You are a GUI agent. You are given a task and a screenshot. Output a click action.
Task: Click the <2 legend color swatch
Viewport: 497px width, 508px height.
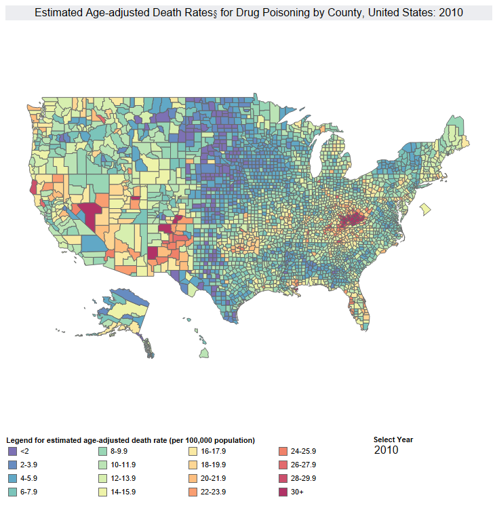pyautogui.click(x=12, y=451)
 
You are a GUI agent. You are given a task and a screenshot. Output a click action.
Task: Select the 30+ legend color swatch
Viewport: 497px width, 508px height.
pyautogui.click(x=283, y=492)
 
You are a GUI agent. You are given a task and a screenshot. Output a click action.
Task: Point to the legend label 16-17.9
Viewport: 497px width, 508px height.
pyautogui.click(x=210, y=451)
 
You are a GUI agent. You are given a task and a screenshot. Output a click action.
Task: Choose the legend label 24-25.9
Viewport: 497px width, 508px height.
pyautogui.click(x=303, y=451)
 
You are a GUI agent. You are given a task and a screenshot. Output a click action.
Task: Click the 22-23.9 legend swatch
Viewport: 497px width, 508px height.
pyautogui.click(x=193, y=492)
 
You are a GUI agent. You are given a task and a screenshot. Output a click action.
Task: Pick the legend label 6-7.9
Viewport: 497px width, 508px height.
pyautogui.click(x=30, y=492)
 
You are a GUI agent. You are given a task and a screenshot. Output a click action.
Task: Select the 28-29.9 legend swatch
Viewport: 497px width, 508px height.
pyautogui.click(x=283, y=478)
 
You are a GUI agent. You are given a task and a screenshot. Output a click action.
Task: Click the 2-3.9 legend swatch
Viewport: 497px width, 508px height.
pyautogui.click(x=12, y=465)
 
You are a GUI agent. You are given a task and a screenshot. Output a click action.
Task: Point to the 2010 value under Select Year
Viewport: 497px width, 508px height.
pyautogui.click(x=386, y=450)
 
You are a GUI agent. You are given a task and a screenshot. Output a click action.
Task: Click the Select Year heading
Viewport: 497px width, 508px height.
pyautogui.click(x=393, y=439)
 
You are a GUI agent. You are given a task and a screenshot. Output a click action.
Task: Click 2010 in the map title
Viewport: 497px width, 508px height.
pyautogui.click(x=451, y=13)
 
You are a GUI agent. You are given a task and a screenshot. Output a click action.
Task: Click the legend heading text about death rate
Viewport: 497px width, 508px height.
pyautogui.click(x=130, y=440)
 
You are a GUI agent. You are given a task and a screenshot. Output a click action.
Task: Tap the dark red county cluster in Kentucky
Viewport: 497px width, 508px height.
pyautogui.click(x=351, y=220)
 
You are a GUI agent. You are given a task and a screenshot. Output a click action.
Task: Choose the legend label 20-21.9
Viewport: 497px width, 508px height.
pyautogui.click(x=210, y=478)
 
